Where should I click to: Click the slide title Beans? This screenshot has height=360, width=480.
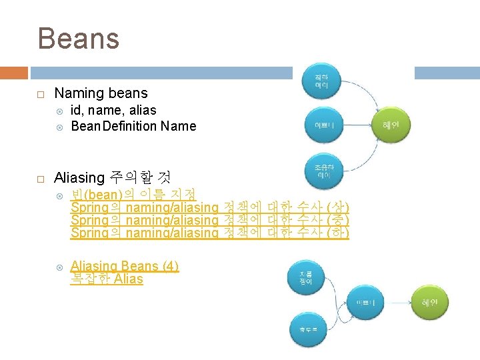[x=79, y=38]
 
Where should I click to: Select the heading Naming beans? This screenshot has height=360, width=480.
[x=101, y=93]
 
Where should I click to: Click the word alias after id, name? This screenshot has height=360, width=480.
[x=143, y=110]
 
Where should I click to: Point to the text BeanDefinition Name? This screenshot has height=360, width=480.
[x=133, y=126]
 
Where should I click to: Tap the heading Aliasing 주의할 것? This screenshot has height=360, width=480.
[x=112, y=178]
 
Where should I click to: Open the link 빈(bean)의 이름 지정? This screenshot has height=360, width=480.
[x=133, y=195]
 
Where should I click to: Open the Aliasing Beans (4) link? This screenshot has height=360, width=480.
[x=125, y=266]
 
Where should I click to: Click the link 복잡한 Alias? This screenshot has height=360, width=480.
[x=107, y=279]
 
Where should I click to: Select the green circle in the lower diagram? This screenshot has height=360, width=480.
[x=429, y=303]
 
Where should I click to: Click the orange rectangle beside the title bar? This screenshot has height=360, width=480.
[x=13, y=73]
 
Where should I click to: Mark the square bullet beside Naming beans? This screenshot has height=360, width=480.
[x=41, y=94]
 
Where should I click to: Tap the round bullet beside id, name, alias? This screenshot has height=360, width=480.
[x=60, y=111]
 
